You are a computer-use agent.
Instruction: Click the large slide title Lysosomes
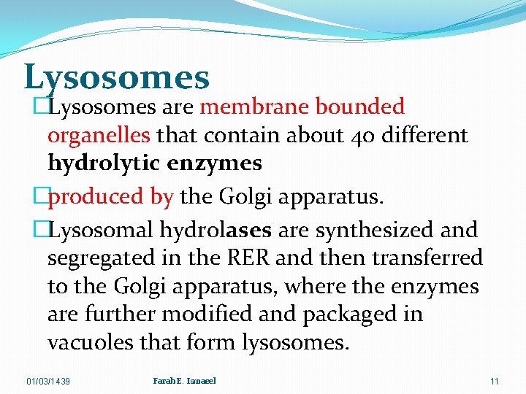pyautogui.click(x=117, y=77)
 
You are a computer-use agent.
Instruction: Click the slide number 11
pyautogui.click(x=495, y=381)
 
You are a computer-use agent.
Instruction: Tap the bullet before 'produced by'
pyautogui.click(x=41, y=196)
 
